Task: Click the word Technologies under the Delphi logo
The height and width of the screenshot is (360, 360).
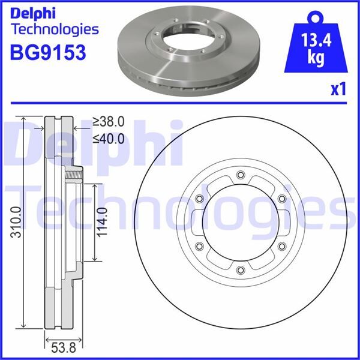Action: tap(55, 29)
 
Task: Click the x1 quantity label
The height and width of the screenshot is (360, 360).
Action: tap(338, 89)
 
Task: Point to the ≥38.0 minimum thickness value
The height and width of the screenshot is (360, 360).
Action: tap(108, 122)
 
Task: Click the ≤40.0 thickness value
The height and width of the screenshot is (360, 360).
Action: tap(108, 139)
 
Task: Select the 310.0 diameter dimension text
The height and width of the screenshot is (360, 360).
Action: tap(15, 222)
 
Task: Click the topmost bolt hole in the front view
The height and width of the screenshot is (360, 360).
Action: tap(240, 175)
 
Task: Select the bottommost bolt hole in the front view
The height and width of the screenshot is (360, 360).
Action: tap(240, 270)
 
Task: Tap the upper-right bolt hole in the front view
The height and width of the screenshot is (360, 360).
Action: tap(281, 199)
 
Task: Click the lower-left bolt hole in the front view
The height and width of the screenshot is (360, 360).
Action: tap(199, 246)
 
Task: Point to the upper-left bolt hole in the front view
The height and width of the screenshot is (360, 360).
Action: tap(199, 199)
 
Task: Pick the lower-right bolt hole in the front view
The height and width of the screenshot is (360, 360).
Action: tap(281, 246)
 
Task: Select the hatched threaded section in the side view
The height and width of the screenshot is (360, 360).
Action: tap(74, 175)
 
